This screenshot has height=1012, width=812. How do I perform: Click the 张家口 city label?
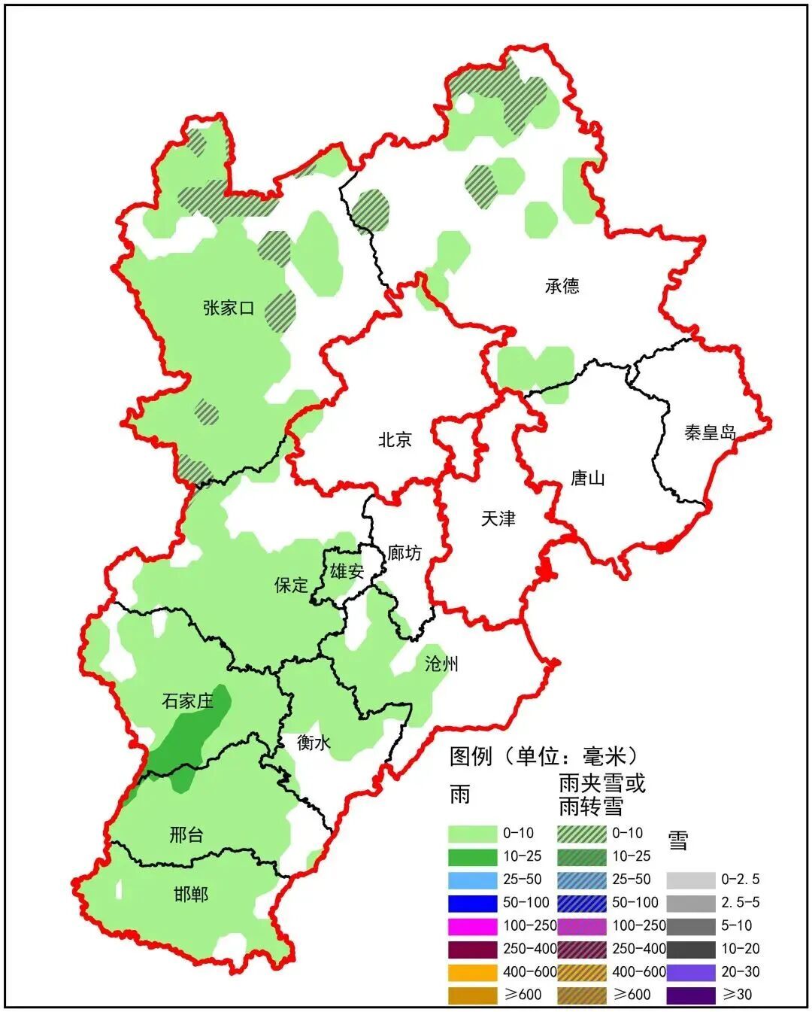tap(229, 308)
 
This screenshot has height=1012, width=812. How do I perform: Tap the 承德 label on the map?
tap(562, 286)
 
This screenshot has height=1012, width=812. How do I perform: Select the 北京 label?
tap(395, 439)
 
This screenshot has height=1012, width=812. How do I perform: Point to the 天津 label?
tap(498, 518)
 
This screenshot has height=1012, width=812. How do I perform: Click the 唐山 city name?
tap(587, 478)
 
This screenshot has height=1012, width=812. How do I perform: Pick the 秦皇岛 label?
tap(710, 432)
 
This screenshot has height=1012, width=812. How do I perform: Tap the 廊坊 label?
tap(404, 553)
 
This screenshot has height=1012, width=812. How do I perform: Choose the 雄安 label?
tap(347, 572)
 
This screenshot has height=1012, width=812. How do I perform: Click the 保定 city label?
tap(291, 585)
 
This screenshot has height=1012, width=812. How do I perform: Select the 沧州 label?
tap(441, 664)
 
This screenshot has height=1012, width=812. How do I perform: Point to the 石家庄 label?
tap(188, 701)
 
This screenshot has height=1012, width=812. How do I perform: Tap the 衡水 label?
tap(314, 743)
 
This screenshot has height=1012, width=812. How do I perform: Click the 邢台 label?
tap(186, 834)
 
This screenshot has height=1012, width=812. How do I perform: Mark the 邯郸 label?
tap(190, 895)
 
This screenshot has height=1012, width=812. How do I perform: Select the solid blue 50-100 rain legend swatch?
tap(472, 902)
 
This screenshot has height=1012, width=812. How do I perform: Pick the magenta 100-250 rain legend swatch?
tap(472, 925)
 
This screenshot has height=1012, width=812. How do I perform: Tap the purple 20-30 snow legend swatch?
tap(690, 971)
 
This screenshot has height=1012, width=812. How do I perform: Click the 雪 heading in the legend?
tap(678, 840)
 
